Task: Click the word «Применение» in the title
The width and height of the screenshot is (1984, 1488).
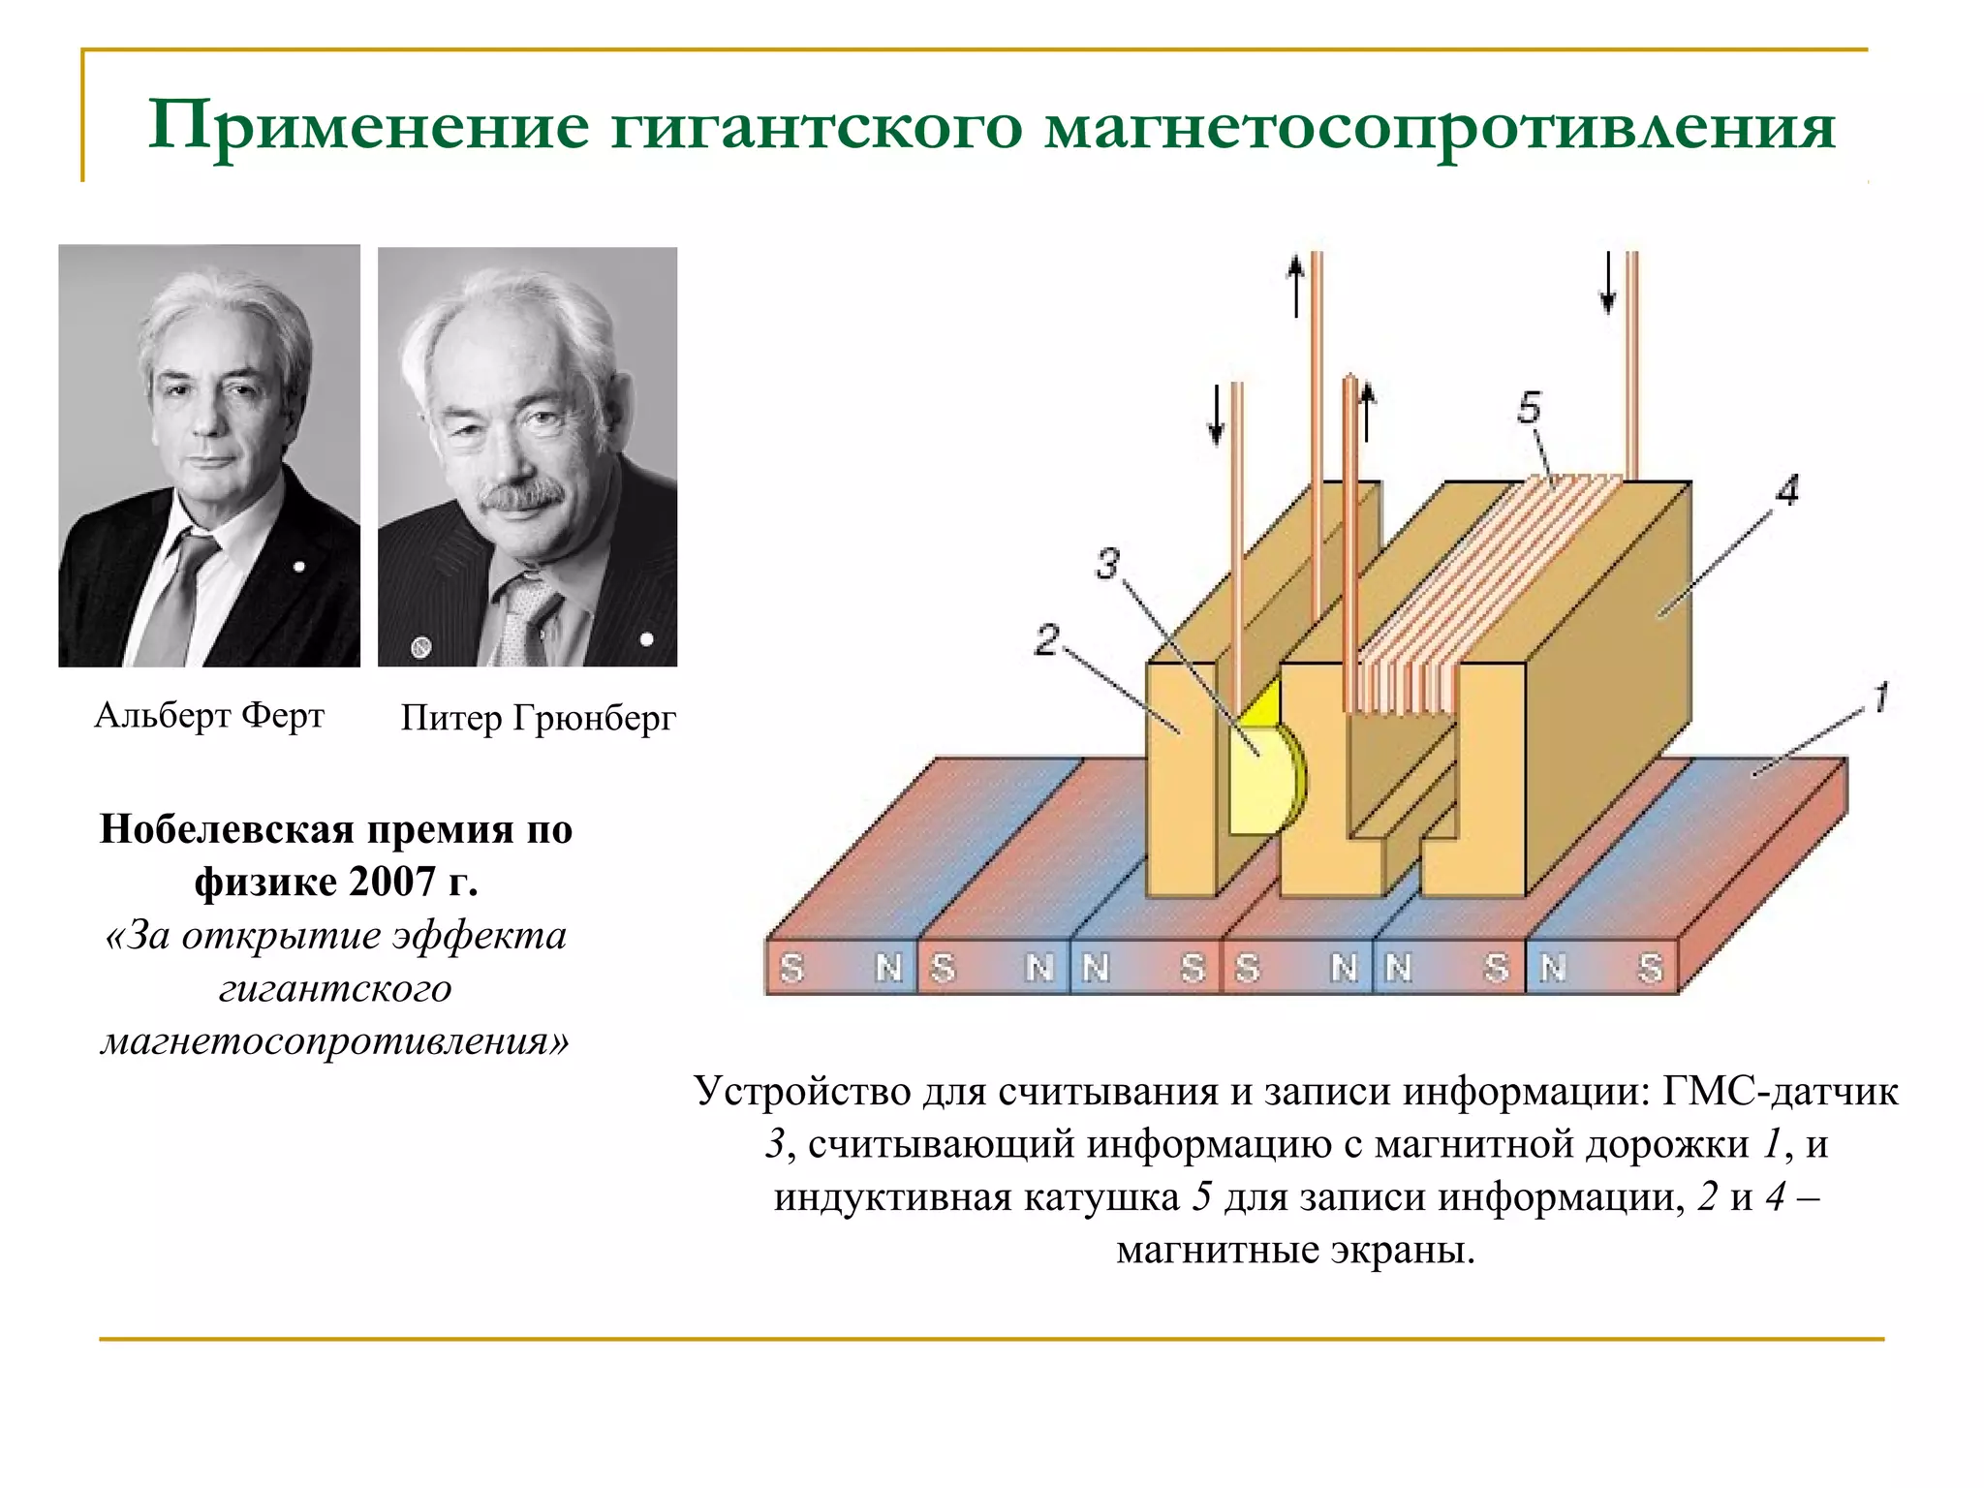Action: coord(368,127)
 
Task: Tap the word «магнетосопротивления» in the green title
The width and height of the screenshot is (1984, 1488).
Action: coord(1440,127)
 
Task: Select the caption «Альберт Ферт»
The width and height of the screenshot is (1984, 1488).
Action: coord(209,716)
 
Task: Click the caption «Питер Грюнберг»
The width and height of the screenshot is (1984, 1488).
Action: coord(538,718)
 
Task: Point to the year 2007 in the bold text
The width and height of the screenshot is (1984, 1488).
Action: coord(392,882)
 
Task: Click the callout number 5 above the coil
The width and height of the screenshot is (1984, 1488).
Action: coord(1529,408)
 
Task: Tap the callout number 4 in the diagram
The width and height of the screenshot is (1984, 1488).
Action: coord(1787,490)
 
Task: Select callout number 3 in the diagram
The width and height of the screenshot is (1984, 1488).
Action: coord(1107,563)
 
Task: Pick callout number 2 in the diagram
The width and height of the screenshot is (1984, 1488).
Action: coord(1046,640)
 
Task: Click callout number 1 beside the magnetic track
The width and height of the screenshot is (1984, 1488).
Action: coord(1880,697)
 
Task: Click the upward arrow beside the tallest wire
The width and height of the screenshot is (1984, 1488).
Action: coord(1296,286)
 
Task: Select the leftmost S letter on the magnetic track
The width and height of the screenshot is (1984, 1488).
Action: coord(792,967)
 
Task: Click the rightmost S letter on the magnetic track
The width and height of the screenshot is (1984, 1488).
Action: coord(1651,967)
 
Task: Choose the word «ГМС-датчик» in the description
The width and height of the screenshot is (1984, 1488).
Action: coord(1781,1092)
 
